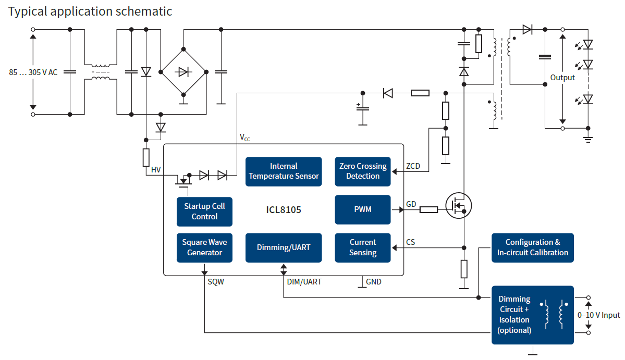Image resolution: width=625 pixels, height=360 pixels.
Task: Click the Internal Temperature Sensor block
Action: point(284,171)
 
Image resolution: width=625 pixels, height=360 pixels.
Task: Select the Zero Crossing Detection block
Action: point(363,171)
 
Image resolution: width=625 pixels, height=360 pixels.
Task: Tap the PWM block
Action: point(363,209)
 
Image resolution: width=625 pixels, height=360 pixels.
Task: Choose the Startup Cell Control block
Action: point(204,212)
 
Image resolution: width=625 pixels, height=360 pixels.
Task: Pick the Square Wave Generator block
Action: point(204,247)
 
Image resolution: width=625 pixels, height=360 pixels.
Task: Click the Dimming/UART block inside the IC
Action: point(284,247)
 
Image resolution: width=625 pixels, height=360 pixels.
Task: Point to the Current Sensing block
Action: point(363,247)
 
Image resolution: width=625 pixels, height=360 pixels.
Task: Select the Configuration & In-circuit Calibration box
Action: point(532,247)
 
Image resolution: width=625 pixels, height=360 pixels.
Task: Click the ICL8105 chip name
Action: point(284,210)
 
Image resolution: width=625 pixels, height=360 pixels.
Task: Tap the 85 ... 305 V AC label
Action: point(33,72)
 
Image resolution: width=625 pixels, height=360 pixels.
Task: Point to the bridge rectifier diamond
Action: point(183,71)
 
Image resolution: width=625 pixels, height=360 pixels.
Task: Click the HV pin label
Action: point(156,170)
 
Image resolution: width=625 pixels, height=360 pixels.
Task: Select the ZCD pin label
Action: point(413,167)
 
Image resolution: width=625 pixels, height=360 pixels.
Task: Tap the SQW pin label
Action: point(216,282)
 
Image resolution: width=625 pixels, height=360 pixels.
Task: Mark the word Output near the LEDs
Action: point(562,78)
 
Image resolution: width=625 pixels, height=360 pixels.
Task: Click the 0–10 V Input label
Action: point(599,315)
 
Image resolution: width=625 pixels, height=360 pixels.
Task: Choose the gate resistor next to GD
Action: point(428,210)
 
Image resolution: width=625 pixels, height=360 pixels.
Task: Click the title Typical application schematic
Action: point(90,11)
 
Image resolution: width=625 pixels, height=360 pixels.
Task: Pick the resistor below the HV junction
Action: point(146,157)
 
